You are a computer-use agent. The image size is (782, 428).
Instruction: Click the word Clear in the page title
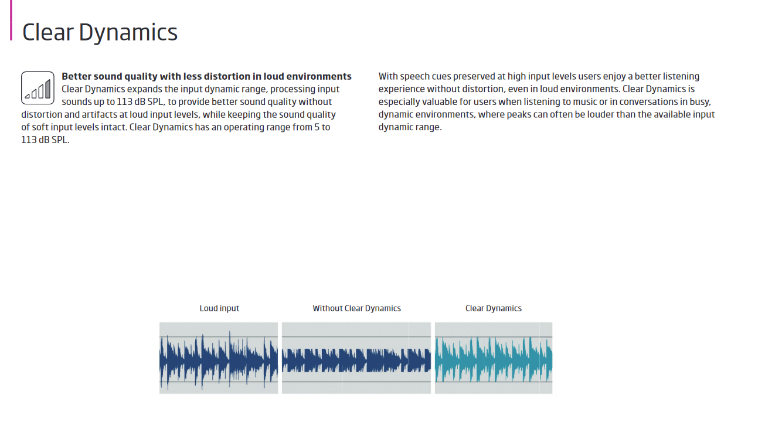(x=48, y=32)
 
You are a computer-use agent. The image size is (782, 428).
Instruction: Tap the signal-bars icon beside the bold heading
(x=38, y=88)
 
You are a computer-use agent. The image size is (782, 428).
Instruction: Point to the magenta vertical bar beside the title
(x=11, y=21)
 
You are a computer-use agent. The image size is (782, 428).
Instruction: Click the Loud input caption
(x=219, y=308)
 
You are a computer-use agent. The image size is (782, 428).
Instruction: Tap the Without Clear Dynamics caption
(x=356, y=308)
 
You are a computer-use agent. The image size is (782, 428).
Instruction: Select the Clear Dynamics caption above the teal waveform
(x=493, y=308)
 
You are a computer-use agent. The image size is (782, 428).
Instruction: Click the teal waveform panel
(x=493, y=358)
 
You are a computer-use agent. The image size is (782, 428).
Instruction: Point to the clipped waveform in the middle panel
(x=356, y=360)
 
